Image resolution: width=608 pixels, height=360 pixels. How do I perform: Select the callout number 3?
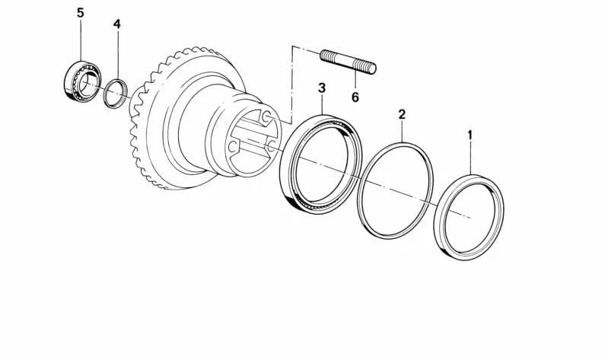[322, 89]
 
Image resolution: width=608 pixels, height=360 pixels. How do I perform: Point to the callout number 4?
[116, 24]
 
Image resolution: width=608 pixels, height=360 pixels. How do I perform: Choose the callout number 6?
[355, 97]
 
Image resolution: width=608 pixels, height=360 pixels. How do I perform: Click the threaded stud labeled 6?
[347, 62]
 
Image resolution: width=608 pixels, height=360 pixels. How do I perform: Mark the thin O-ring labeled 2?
[396, 190]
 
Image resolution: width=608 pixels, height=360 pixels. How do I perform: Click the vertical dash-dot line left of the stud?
[291, 84]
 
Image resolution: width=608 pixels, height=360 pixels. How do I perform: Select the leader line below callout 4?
[116, 53]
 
